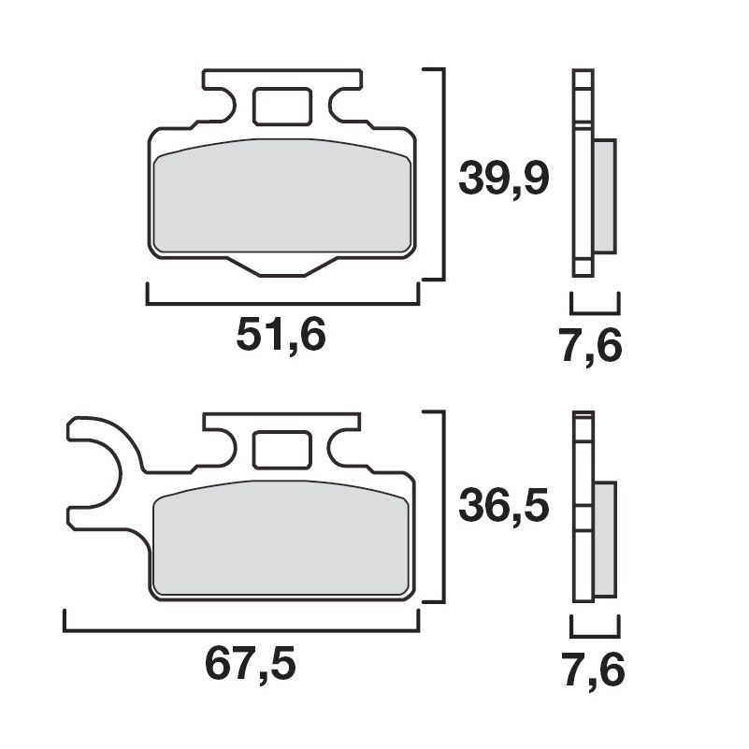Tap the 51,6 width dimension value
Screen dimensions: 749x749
281,334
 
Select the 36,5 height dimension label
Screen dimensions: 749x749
502,507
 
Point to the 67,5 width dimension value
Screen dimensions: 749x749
250,664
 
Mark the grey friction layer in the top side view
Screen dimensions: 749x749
605,195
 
